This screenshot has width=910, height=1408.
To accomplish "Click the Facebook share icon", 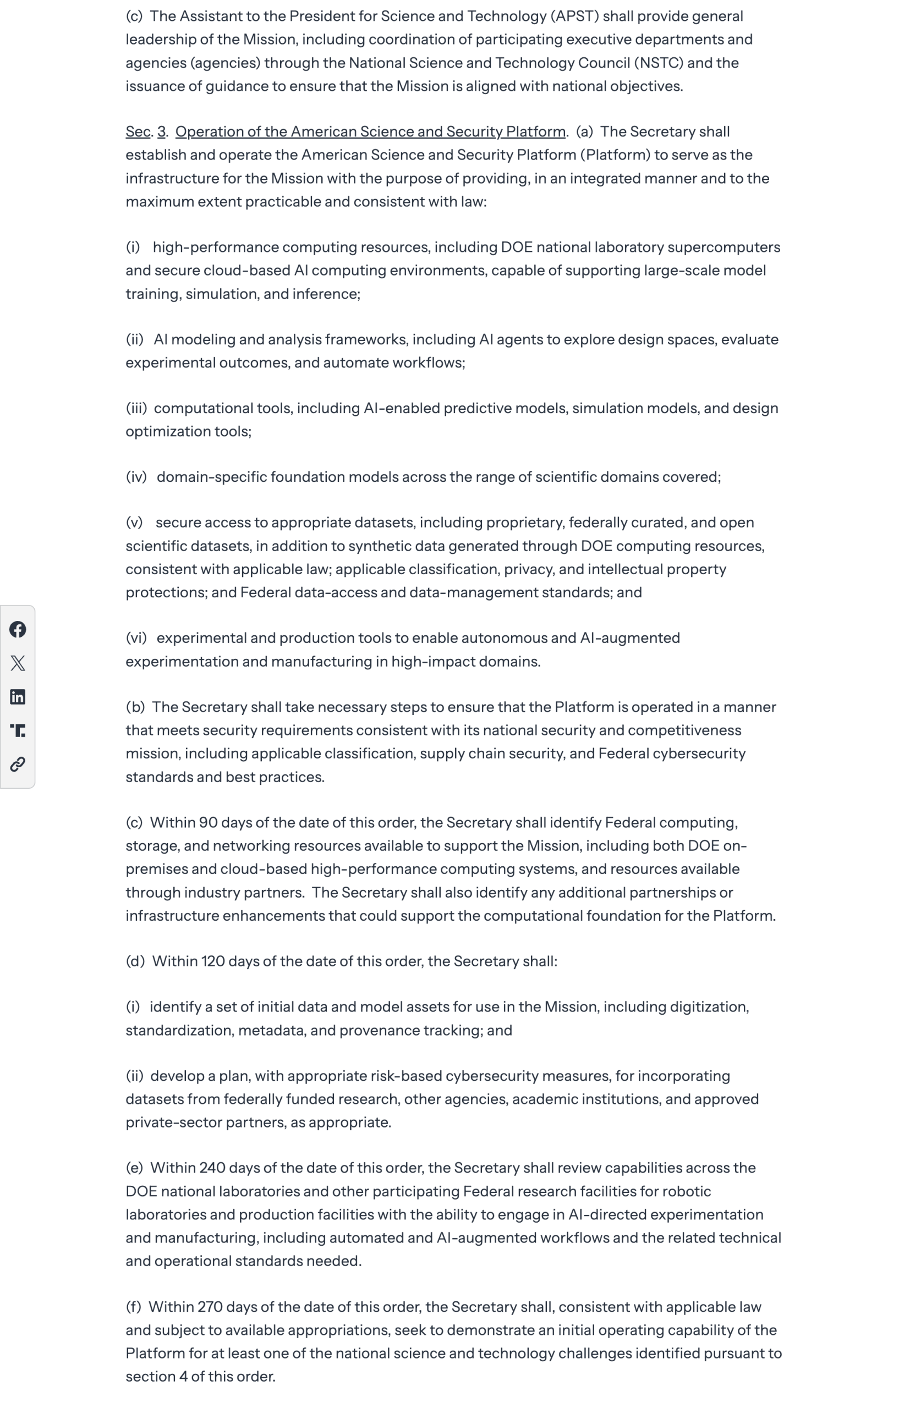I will click(x=18, y=630).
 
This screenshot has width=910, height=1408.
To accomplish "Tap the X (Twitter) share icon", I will click(x=18, y=663).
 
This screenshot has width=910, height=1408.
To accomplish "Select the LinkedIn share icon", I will click(x=18, y=697).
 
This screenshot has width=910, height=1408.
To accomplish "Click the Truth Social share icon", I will click(x=18, y=730).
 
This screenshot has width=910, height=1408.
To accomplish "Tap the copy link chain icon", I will click(x=18, y=765).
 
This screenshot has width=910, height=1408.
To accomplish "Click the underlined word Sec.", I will click(x=138, y=131).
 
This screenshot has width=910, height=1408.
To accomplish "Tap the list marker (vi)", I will click(x=136, y=639).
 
